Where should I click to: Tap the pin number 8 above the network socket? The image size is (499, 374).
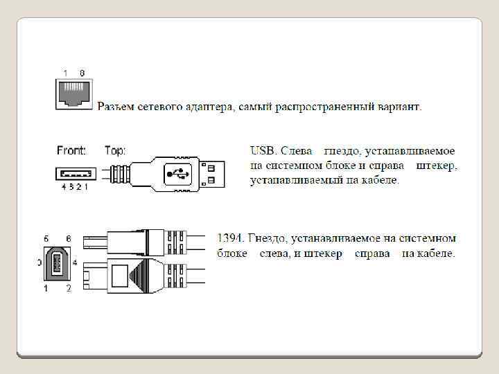[x=82, y=73]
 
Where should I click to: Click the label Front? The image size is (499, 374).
[x=71, y=150]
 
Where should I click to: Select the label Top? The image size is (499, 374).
[x=115, y=150]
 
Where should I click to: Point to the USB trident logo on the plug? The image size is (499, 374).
[x=174, y=173]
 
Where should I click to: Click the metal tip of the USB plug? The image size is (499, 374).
[x=213, y=172]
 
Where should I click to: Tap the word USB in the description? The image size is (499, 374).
[x=261, y=150]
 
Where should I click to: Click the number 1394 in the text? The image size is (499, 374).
[x=230, y=238]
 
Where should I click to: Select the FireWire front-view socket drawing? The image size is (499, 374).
[x=58, y=263]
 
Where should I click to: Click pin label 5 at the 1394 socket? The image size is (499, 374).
[x=46, y=238]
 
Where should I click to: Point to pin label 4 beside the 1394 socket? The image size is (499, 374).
[x=74, y=262]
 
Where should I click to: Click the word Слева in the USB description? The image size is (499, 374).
[x=297, y=150]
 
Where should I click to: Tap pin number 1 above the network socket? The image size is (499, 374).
[x=65, y=73]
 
